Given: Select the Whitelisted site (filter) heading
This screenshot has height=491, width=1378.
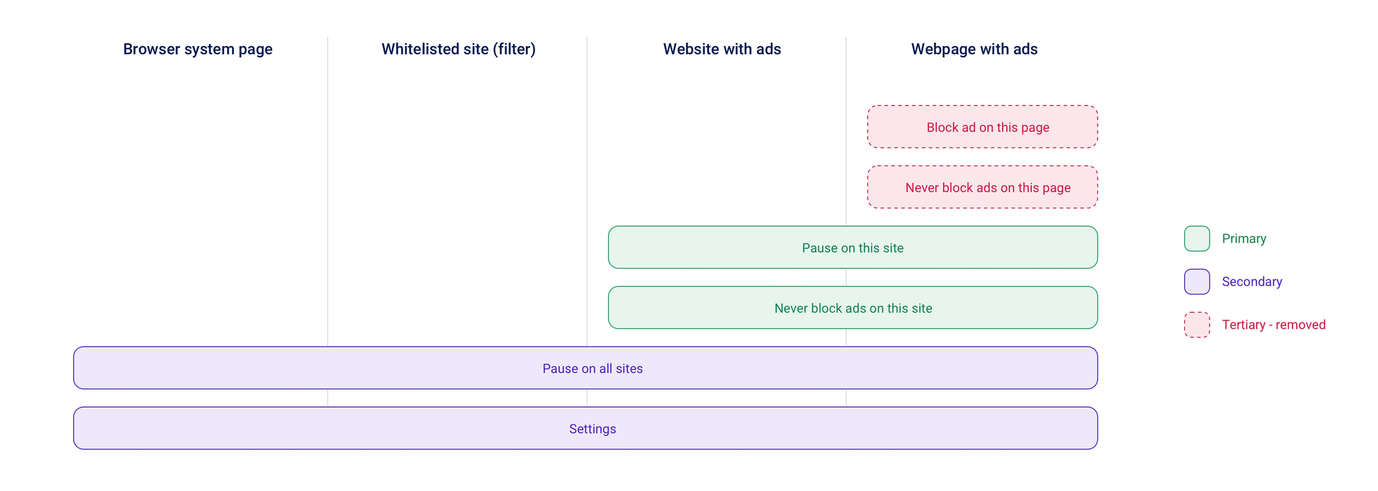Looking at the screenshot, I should point(459,49).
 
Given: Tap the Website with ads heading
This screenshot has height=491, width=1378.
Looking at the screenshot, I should point(722,49).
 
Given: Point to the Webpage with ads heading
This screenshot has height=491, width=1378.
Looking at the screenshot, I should point(974,49).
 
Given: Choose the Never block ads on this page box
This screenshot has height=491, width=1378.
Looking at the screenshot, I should point(982,187).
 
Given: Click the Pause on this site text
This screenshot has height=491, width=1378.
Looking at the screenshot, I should point(852,248).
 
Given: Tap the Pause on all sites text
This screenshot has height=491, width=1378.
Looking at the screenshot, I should point(592,369).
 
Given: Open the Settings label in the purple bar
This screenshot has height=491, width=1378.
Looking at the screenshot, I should point(592,429).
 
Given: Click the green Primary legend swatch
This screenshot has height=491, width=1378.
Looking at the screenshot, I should point(1197,239).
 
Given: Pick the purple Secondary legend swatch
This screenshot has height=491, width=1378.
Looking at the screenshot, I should point(1197,282).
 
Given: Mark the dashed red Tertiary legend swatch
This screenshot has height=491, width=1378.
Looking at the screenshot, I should point(1197,325).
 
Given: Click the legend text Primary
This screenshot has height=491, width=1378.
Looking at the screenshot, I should point(1244,239).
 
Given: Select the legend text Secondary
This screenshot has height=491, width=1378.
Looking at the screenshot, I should point(1252,282).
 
